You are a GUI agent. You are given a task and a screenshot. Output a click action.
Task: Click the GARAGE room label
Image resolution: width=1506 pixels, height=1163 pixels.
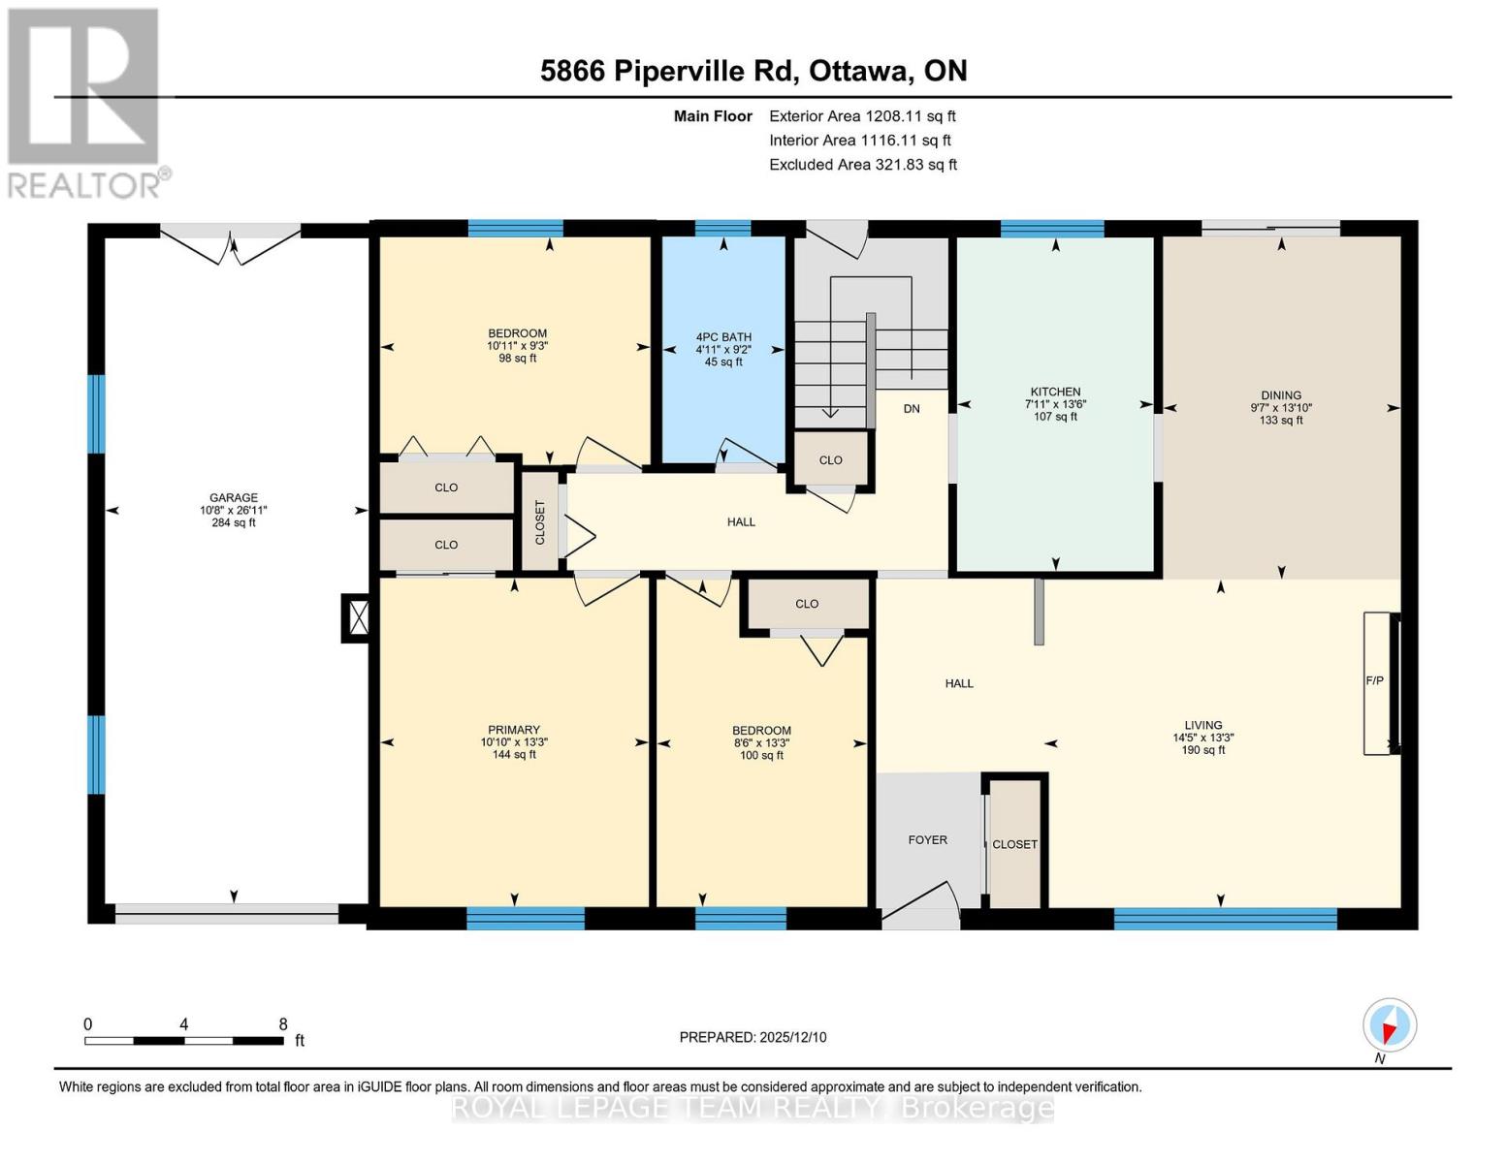tap(234, 497)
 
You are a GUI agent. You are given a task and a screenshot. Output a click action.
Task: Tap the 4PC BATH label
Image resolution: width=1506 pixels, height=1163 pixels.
tap(723, 337)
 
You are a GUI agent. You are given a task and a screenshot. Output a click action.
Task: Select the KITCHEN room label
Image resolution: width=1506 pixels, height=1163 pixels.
tap(1055, 392)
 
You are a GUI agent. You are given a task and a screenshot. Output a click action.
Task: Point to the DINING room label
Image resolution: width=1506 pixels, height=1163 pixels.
tap(1281, 395)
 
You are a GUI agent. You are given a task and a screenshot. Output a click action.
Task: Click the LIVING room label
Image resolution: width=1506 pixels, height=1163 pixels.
tap(1202, 725)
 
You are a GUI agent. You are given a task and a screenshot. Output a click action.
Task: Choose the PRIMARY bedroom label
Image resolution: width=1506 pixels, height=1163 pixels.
tap(514, 730)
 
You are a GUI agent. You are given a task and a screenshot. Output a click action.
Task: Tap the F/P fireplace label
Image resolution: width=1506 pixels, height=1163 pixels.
tap(1374, 681)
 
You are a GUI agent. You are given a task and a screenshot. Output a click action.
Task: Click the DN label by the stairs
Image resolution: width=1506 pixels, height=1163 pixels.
tap(912, 409)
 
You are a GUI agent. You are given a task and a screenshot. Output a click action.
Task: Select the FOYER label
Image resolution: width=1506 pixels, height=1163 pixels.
tap(928, 840)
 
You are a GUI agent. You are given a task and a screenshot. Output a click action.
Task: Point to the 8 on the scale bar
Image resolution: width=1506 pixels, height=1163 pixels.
tap(283, 1024)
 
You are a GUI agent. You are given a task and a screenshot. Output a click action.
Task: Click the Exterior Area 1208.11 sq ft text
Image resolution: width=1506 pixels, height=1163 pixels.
tap(862, 116)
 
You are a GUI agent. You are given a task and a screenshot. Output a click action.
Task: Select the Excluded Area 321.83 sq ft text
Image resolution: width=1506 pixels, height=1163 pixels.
tap(863, 165)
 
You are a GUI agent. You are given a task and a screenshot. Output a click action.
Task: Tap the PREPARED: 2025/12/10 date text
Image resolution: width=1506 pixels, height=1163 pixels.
tap(753, 1037)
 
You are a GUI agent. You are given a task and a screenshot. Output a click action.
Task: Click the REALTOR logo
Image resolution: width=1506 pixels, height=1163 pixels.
tap(85, 102)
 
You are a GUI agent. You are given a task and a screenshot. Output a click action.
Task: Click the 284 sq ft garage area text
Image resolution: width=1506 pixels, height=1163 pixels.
tap(234, 523)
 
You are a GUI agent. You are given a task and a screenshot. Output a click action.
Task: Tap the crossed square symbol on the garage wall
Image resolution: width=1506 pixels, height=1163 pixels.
tap(358, 617)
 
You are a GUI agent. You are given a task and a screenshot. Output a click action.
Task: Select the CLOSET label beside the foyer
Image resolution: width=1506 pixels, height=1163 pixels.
tap(1014, 844)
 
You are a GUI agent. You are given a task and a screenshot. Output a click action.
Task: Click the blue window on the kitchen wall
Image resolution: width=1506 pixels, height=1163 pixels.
tap(1052, 229)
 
